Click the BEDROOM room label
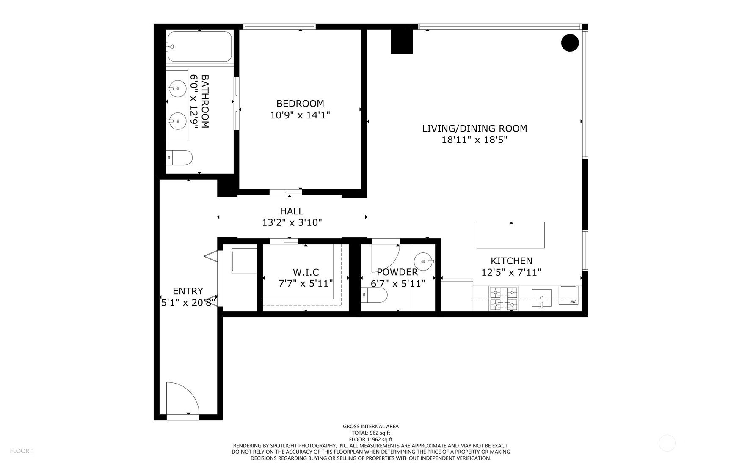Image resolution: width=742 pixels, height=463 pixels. pyautogui.click(x=300, y=104)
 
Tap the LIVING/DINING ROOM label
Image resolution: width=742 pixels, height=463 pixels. pyautogui.click(x=474, y=129)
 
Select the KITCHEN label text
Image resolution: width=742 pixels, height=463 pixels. pyautogui.click(x=511, y=261)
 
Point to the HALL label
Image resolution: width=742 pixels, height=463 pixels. pyautogui.click(x=292, y=211)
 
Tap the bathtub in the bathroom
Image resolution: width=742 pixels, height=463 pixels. pyautogui.click(x=199, y=47)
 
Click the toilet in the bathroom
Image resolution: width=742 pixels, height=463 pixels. pyautogui.click(x=179, y=158)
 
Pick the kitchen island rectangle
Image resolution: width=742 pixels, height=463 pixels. pyautogui.click(x=510, y=235)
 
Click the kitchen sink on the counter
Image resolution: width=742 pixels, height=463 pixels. pyautogui.click(x=541, y=298)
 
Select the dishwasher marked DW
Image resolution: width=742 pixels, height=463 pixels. pyautogui.click(x=569, y=296)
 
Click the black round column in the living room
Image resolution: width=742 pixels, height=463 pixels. pyautogui.click(x=570, y=42)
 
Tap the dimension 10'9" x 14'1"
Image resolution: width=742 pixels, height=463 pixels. pyautogui.click(x=300, y=115)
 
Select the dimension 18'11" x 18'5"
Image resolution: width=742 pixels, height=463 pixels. pyautogui.click(x=474, y=140)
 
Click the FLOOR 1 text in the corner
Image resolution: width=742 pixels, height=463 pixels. pyautogui.click(x=22, y=451)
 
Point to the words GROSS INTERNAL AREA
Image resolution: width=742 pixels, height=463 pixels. pyautogui.click(x=371, y=427)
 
